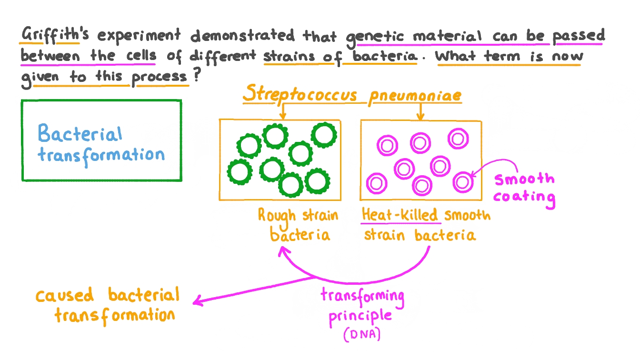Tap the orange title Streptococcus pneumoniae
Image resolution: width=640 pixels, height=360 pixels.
(x=352, y=95)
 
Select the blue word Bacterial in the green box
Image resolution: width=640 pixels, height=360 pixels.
(x=80, y=134)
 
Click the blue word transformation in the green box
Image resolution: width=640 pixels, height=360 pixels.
(x=101, y=155)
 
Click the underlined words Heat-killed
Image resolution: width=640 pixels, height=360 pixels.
(x=400, y=215)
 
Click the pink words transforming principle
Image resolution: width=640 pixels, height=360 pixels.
(x=362, y=306)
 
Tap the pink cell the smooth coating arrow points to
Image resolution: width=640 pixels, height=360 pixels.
(x=462, y=181)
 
